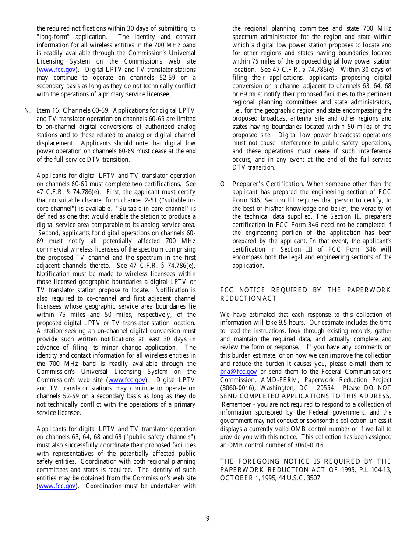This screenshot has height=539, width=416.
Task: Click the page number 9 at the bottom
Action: (208, 518)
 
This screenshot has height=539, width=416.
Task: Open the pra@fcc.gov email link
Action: (238, 372)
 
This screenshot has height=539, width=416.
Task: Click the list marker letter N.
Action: (27, 110)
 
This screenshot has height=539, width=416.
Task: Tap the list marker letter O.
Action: (223, 184)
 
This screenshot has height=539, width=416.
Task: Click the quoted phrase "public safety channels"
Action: (159, 437)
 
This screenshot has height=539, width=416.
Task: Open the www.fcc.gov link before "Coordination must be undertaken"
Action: (57, 486)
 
